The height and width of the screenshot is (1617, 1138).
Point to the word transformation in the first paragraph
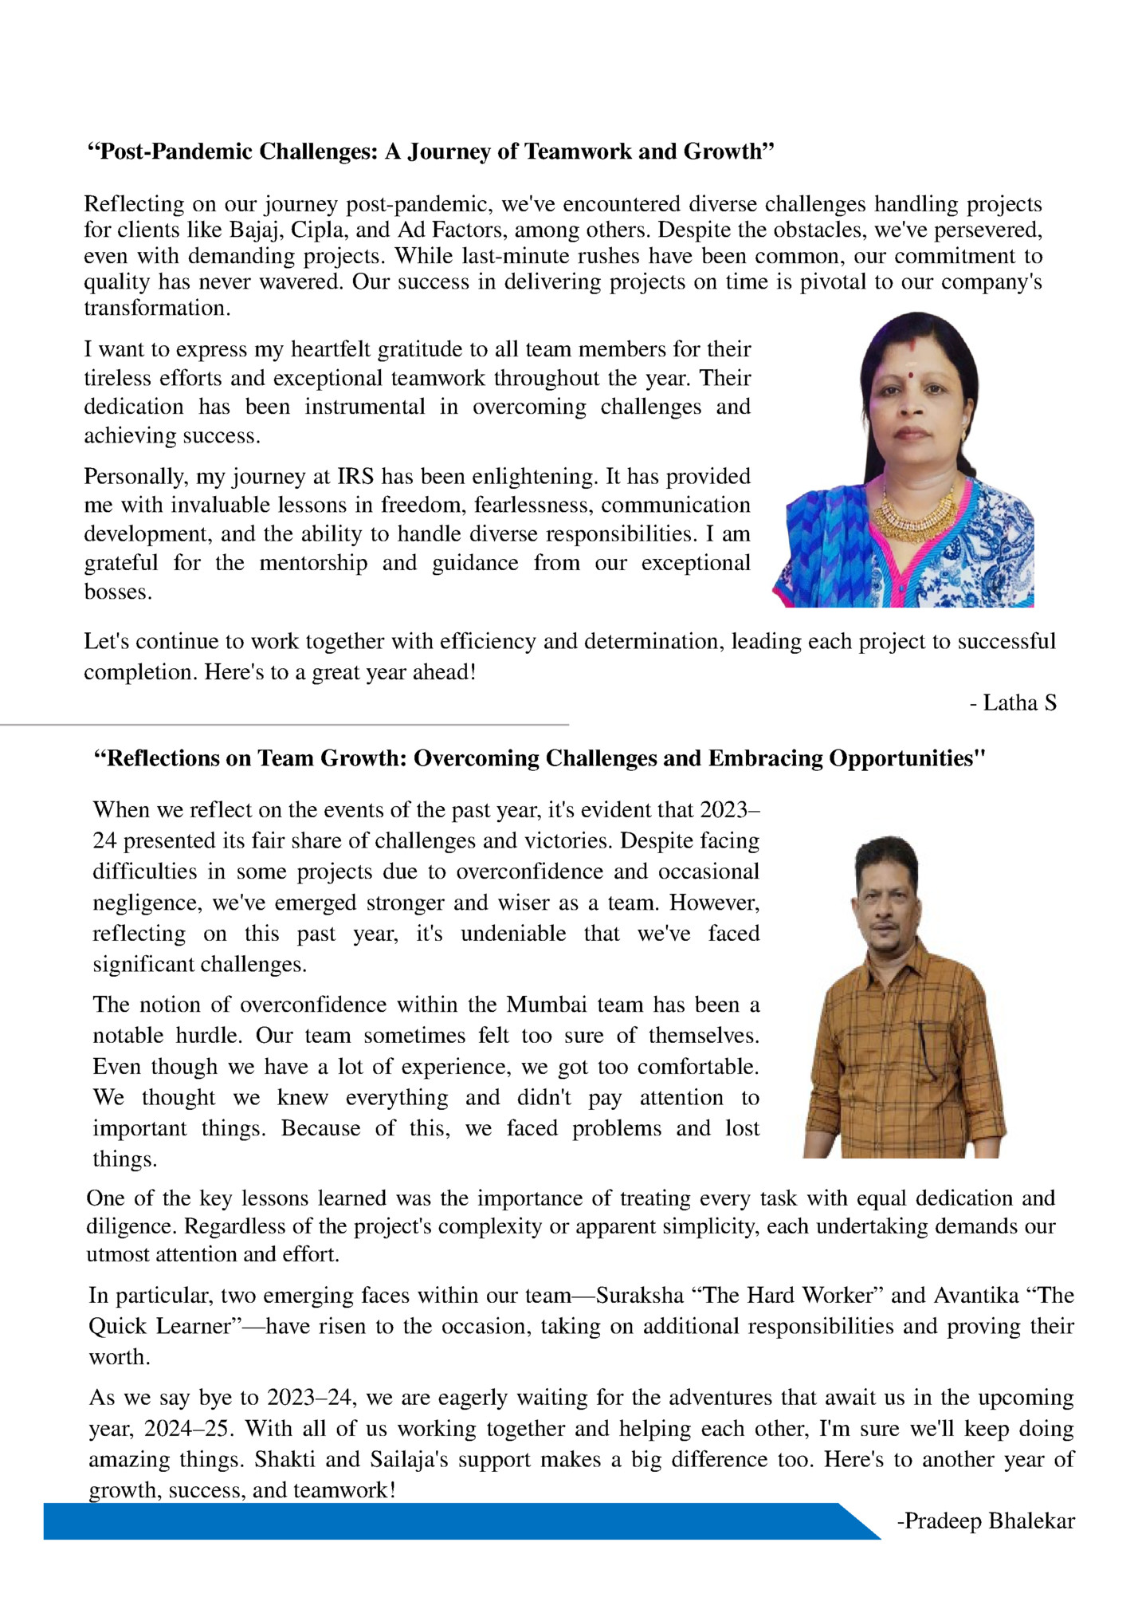pos(156,309)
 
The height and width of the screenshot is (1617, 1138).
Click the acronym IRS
pos(355,477)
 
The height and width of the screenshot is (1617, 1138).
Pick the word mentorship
pos(313,563)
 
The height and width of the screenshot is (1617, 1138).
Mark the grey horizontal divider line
pos(284,725)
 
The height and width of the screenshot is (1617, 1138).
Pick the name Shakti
pos(285,1460)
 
